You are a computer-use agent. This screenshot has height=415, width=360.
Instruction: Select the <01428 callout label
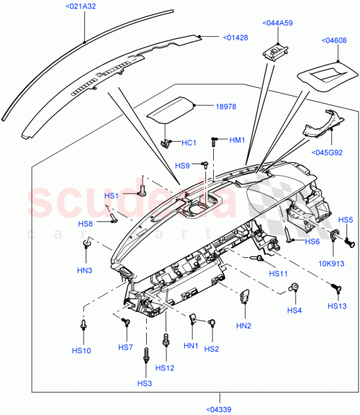pyautogui.click(x=235, y=37)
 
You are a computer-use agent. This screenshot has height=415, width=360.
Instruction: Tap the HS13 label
pyautogui.click(x=337, y=306)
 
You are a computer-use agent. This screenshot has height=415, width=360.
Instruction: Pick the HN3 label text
pyautogui.click(x=84, y=270)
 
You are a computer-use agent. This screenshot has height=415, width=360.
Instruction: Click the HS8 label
pyautogui.click(x=86, y=224)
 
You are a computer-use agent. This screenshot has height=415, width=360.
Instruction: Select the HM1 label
pyautogui.click(x=238, y=140)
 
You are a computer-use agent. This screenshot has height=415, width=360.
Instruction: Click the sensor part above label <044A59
pyautogui.click(x=276, y=53)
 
